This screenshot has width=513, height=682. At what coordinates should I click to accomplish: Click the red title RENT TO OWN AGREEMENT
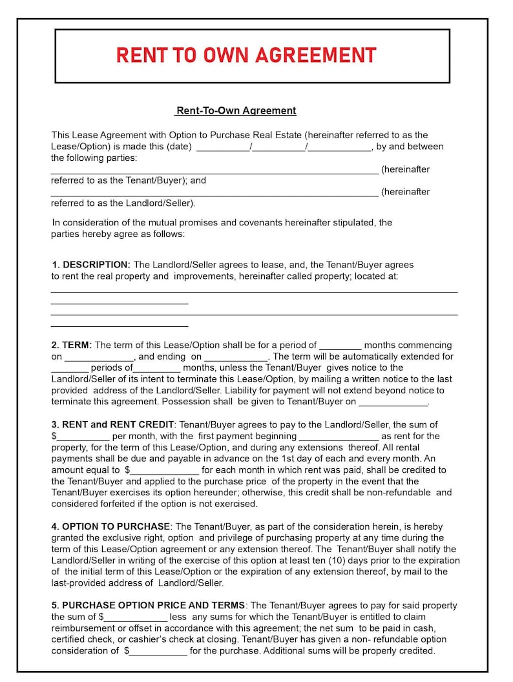[x=246, y=56]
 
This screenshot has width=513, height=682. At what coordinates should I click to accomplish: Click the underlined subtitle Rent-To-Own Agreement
[x=236, y=110]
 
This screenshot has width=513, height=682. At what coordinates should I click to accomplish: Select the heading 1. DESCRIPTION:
[x=91, y=265]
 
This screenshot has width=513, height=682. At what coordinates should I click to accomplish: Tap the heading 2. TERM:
[x=72, y=345]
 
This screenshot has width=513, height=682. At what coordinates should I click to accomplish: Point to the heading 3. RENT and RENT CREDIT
[x=112, y=424]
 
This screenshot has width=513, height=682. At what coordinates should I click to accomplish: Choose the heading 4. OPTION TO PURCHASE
[x=110, y=526]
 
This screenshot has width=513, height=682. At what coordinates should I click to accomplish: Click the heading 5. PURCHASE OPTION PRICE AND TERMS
[x=148, y=605]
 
